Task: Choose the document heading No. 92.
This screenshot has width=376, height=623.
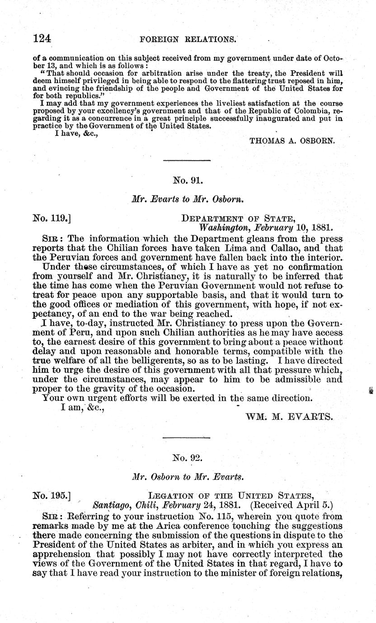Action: pyautogui.click(x=187, y=458)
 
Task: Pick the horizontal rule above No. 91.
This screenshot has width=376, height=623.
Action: pyautogui.click(x=187, y=160)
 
